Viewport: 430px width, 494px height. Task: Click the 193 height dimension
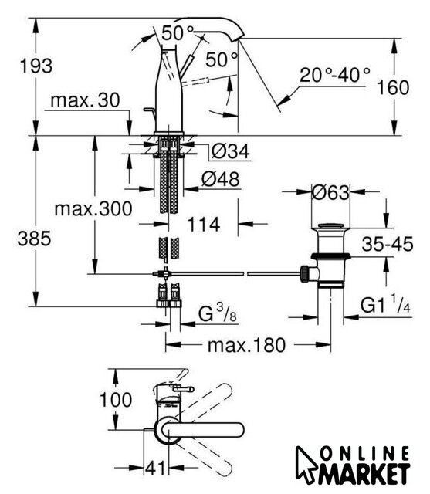36,66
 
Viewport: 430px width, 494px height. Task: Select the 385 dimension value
34,239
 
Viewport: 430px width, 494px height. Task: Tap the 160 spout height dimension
393,87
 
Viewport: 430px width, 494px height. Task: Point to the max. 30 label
85,100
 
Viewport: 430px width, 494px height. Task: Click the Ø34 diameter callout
231,151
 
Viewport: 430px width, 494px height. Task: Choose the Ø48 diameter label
221,179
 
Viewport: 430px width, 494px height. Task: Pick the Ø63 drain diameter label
330,192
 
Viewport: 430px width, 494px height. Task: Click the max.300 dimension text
93,209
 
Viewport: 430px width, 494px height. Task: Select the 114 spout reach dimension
204,225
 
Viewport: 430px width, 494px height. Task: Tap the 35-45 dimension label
388,244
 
